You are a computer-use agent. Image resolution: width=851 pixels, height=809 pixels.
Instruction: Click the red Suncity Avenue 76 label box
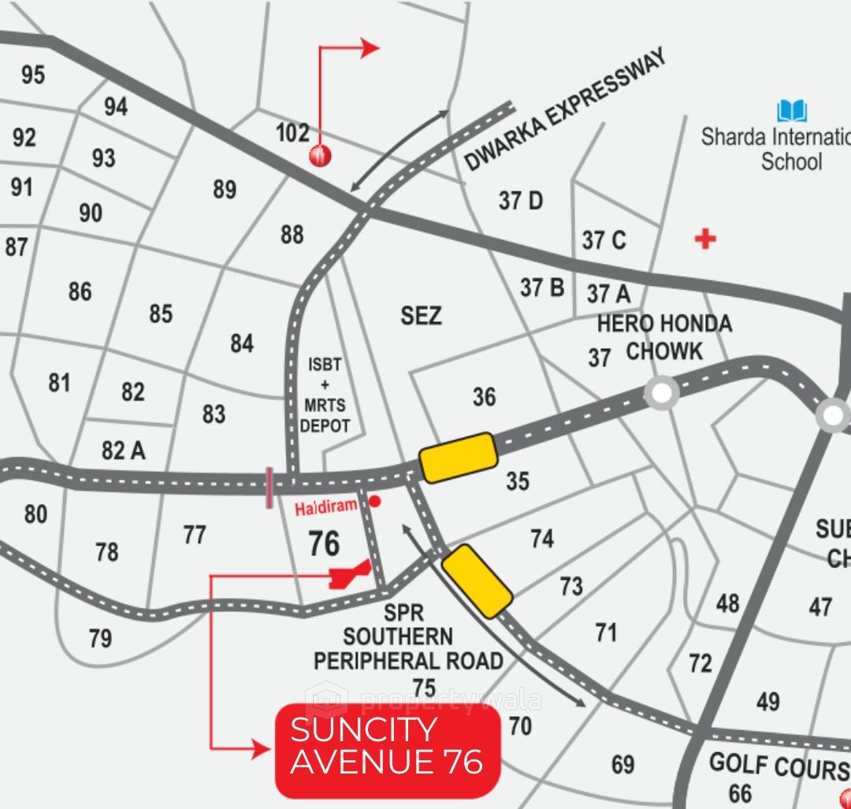pyautogui.click(x=387, y=751)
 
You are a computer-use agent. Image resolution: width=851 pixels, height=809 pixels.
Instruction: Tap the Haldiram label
pyautogui.click(x=326, y=508)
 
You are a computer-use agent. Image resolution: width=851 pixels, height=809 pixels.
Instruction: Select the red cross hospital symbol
pyautogui.click(x=705, y=238)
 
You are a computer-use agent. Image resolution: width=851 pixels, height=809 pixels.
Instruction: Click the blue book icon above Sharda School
pyautogui.click(x=792, y=111)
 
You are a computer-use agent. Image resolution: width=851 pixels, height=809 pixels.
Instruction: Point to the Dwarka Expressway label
pyautogui.click(x=565, y=109)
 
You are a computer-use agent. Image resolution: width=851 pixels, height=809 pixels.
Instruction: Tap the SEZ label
pyautogui.click(x=421, y=316)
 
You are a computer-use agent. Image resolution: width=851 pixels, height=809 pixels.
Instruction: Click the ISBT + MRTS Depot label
pyautogui.click(x=325, y=395)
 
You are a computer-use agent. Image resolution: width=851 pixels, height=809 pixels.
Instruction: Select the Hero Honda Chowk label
pyautogui.click(x=664, y=336)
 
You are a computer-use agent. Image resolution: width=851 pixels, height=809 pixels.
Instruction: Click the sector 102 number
pyautogui.click(x=292, y=132)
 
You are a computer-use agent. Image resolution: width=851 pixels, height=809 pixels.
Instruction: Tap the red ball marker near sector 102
pyautogui.click(x=321, y=155)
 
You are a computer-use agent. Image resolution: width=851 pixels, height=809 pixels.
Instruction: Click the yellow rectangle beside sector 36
pyautogui.click(x=458, y=457)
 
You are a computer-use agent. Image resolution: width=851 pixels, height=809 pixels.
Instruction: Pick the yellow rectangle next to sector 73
pyautogui.click(x=477, y=581)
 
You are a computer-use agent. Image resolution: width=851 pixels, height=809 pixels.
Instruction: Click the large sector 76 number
pyautogui.click(x=324, y=544)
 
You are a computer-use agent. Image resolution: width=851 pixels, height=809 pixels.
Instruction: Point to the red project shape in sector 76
pyautogui.click(x=347, y=575)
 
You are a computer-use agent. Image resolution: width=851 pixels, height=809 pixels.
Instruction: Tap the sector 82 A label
pyautogui.click(x=124, y=450)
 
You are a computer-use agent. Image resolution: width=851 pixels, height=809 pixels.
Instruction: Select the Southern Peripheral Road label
pyautogui.click(x=408, y=648)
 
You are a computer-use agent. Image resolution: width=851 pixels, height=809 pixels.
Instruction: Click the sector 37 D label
pyautogui.click(x=521, y=201)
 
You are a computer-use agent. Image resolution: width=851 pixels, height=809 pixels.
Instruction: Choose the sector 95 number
pyautogui.click(x=33, y=75)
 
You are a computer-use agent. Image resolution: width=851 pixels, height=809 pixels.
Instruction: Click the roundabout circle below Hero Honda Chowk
pyautogui.click(x=662, y=392)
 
